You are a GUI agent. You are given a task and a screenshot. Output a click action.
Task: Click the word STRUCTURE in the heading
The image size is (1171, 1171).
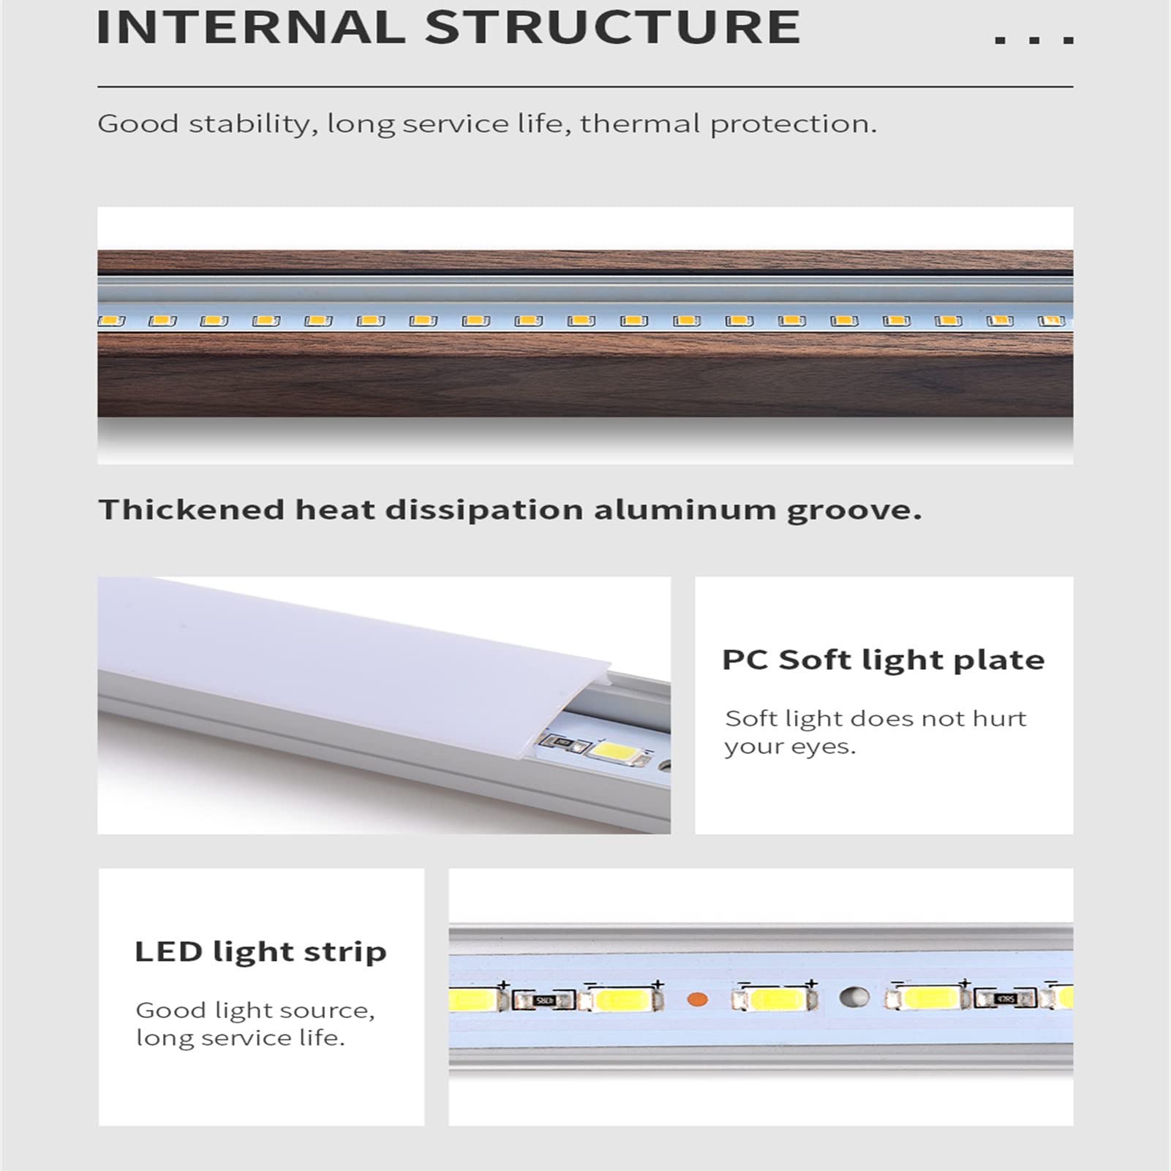point(613,27)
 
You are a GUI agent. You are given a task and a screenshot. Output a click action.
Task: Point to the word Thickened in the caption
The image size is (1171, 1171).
point(192,509)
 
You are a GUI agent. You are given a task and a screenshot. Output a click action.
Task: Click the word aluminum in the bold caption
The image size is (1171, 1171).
point(685,509)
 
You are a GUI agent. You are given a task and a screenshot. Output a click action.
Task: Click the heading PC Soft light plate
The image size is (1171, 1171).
point(884,660)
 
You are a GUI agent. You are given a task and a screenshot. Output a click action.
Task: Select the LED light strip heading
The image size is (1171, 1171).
point(260,952)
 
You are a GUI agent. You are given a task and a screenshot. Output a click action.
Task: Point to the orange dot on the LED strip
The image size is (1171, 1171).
point(699,998)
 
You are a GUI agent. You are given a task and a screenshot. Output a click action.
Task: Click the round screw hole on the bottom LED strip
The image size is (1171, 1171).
point(854,996)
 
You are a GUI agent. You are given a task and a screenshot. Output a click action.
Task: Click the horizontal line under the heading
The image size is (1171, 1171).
point(585,87)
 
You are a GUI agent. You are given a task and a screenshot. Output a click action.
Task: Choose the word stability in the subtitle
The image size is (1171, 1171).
point(253,124)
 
